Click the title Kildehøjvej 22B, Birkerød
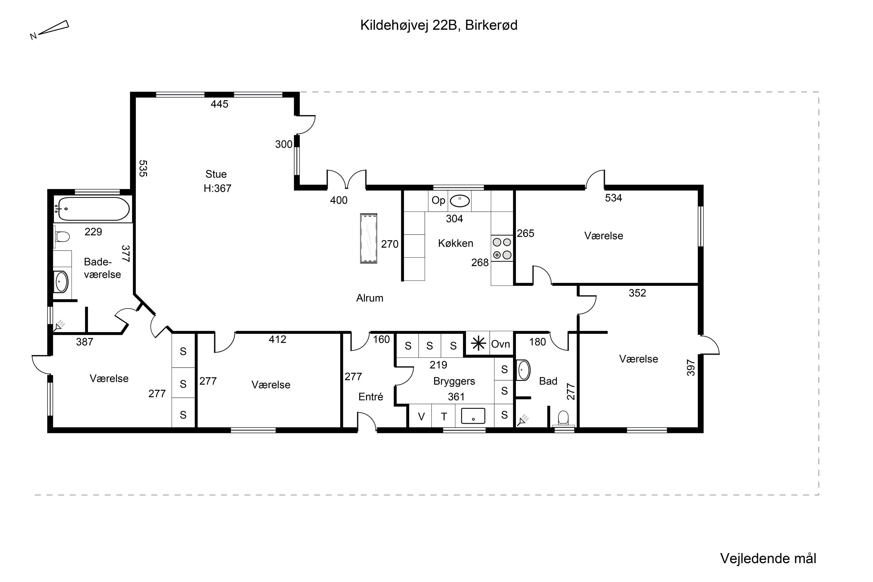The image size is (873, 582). [x=439, y=26]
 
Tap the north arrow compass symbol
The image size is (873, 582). [x=50, y=30]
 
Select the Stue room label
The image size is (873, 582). [x=216, y=174]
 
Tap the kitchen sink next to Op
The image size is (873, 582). [x=460, y=201]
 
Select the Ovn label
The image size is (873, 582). [x=500, y=344]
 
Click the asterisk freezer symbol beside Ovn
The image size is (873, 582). [x=478, y=344]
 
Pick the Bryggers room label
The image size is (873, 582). [x=454, y=381]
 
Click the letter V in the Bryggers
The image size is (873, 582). [x=421, y=417]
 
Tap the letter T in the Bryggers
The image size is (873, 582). [x=444, y=417]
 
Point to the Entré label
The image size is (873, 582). [x=370, y=397]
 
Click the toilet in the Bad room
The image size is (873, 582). [x=563, y=418]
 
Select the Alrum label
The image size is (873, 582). [x=370, y=298]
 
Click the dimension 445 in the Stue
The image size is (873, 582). [x=219, y=104]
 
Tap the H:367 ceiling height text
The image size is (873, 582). [x=217, y=189]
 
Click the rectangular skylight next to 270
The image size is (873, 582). [x=369, y=238]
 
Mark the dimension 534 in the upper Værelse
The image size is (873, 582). [x=613, y=198]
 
